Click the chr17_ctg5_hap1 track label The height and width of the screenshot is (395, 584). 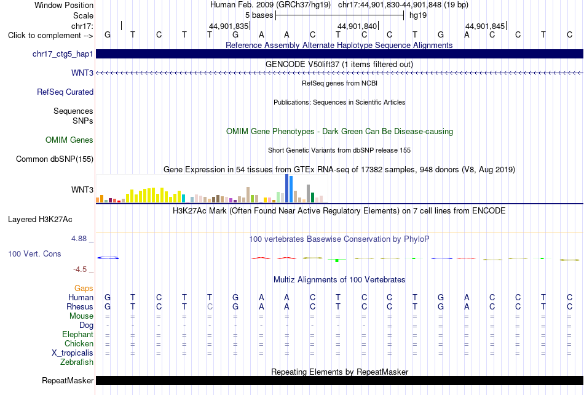[63, 54]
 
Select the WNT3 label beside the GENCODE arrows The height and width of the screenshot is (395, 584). [82, 73]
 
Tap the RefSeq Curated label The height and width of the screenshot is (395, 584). [65, 92]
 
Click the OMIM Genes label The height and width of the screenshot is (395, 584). [69, 140]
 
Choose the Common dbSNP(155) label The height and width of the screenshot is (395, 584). [55, 159]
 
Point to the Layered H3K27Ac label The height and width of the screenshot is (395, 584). [40, 220]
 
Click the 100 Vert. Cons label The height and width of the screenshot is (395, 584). [34, 253]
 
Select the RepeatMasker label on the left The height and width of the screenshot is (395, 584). [68, 380]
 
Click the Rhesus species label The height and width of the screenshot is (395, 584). [80, 306]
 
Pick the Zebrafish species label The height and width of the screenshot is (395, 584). [77, 362]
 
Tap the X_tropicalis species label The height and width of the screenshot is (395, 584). [73, 353]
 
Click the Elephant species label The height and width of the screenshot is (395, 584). [78, 334]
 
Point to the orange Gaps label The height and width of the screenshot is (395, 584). [84, 288]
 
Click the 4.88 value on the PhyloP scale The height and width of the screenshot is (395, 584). [79, 239]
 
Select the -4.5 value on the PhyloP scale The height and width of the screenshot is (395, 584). [80, 269]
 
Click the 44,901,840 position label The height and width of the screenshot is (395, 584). [357, 26]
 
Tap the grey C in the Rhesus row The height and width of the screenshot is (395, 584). [210, 306]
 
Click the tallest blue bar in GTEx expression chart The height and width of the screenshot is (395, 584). [287, 188]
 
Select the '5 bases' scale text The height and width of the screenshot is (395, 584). [259, 15]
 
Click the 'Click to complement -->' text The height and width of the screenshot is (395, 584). [50, 36]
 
